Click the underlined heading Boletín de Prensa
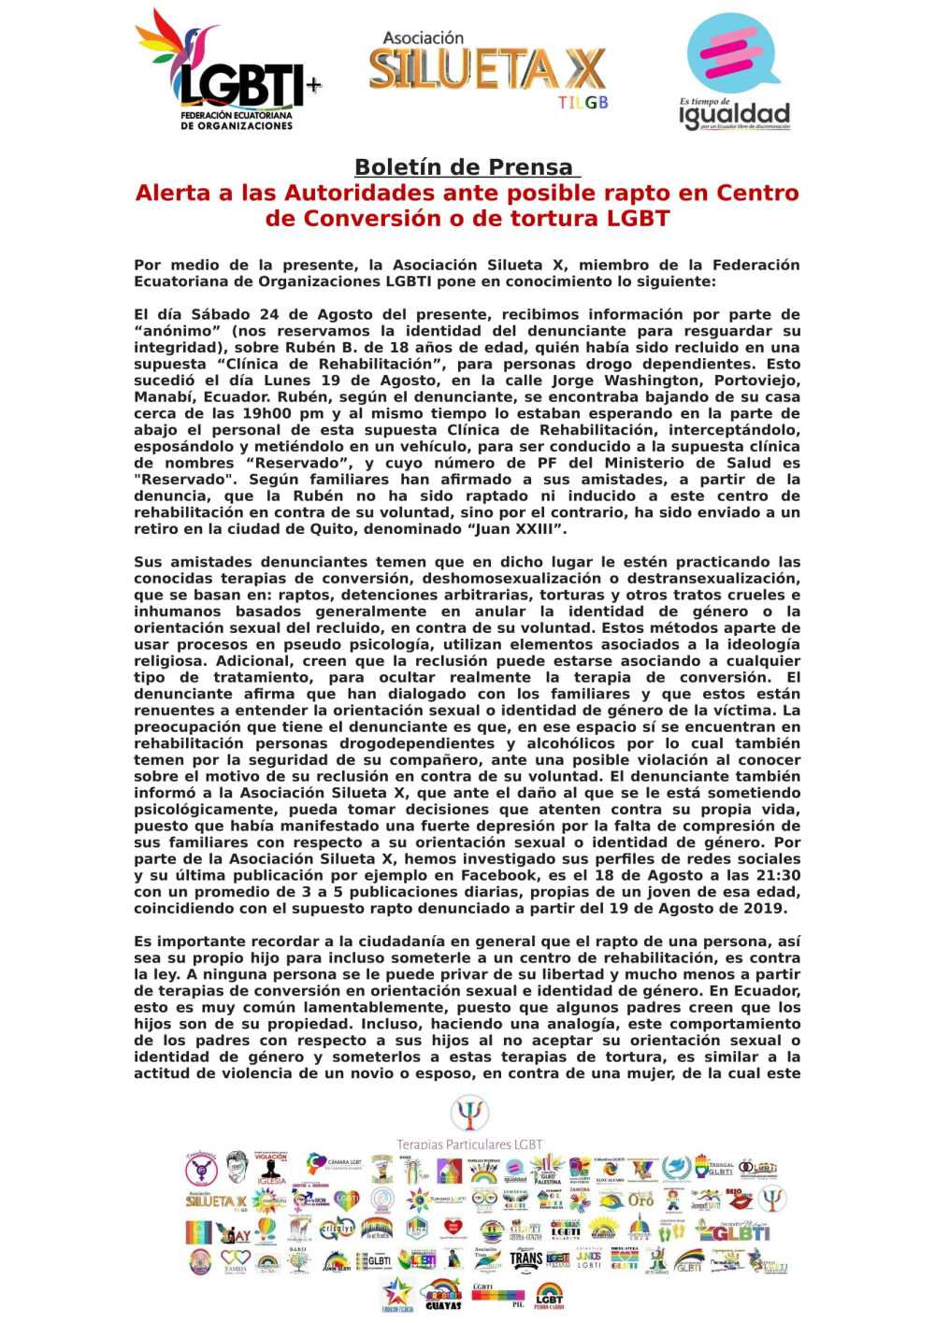click(x=465, y=167)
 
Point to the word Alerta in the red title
click(x=172, y=193)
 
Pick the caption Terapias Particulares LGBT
click(x=468, y=1144)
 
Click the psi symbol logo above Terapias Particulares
click(x=468, y=1114)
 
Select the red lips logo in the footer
click(x=738, y=1198)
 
